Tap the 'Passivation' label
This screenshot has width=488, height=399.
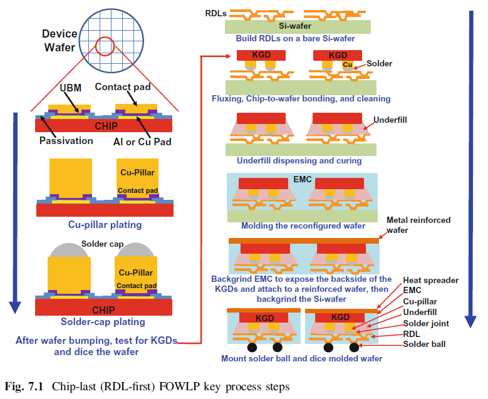click(x=65, y=140)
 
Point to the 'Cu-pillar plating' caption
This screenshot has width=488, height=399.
click(x=105, y=224)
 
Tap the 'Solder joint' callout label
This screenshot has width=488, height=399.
click(x=427, y=323)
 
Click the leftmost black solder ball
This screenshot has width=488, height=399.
click(x=254, y=346)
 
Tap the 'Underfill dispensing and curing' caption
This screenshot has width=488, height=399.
click(x=299, y=161)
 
